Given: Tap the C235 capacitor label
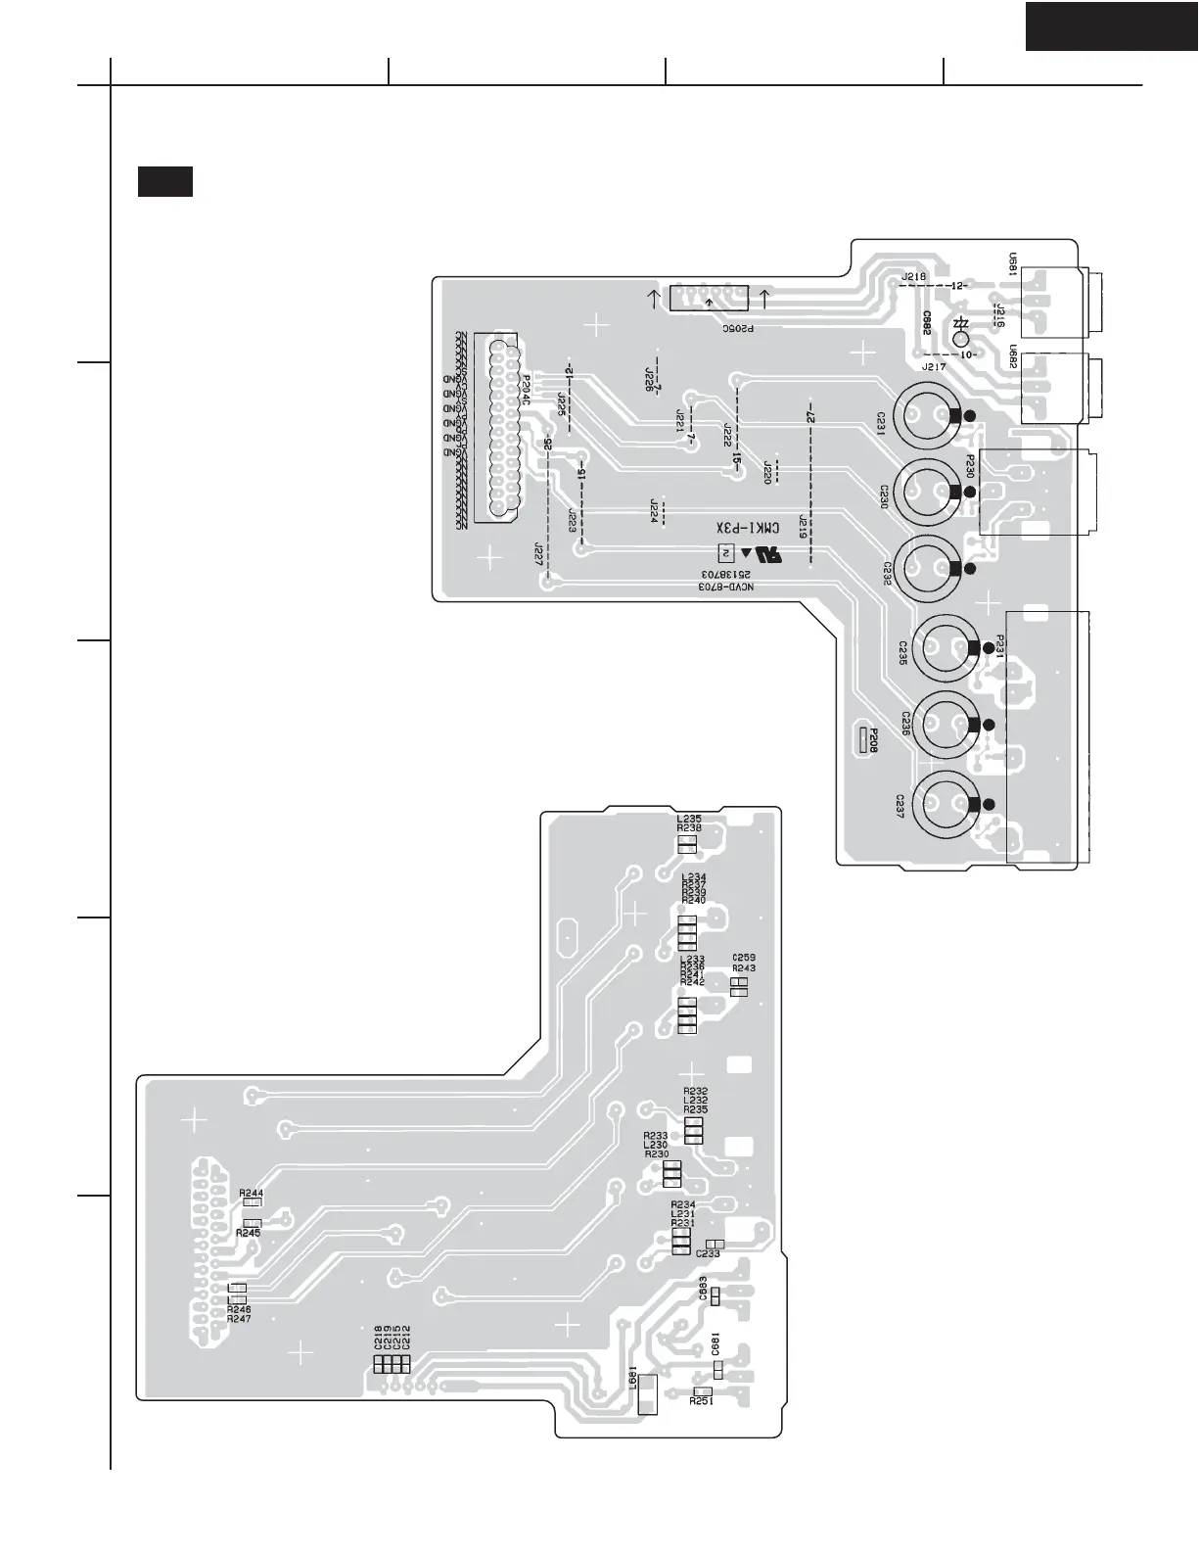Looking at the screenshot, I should [902, 653].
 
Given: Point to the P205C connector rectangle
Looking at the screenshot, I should [709, 299].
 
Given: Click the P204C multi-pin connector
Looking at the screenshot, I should [498, 428].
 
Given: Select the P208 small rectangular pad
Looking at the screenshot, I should [864, 741].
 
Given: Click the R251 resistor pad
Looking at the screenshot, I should [702, 1391].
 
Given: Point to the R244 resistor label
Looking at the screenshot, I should [251, 1193].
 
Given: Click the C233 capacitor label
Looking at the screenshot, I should [708, 1254].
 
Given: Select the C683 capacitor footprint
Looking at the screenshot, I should [715, 1296].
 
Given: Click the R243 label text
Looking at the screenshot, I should [744, 968].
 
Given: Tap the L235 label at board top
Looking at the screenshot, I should [689, 818].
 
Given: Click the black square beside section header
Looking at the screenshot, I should [164, 182].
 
